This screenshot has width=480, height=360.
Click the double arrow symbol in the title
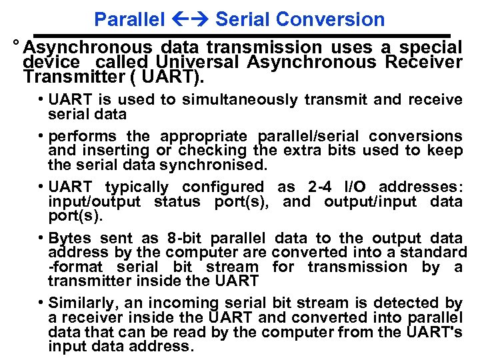click(191, 19)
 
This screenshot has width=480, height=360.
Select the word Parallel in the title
click(129, 19)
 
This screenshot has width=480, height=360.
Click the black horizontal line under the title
click(243, 35)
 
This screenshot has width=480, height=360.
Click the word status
click(178, 201)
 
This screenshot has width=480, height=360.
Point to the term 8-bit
click(183, 239)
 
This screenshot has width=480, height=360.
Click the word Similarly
click(80, 303)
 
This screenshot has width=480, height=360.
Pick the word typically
click(137, 187)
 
